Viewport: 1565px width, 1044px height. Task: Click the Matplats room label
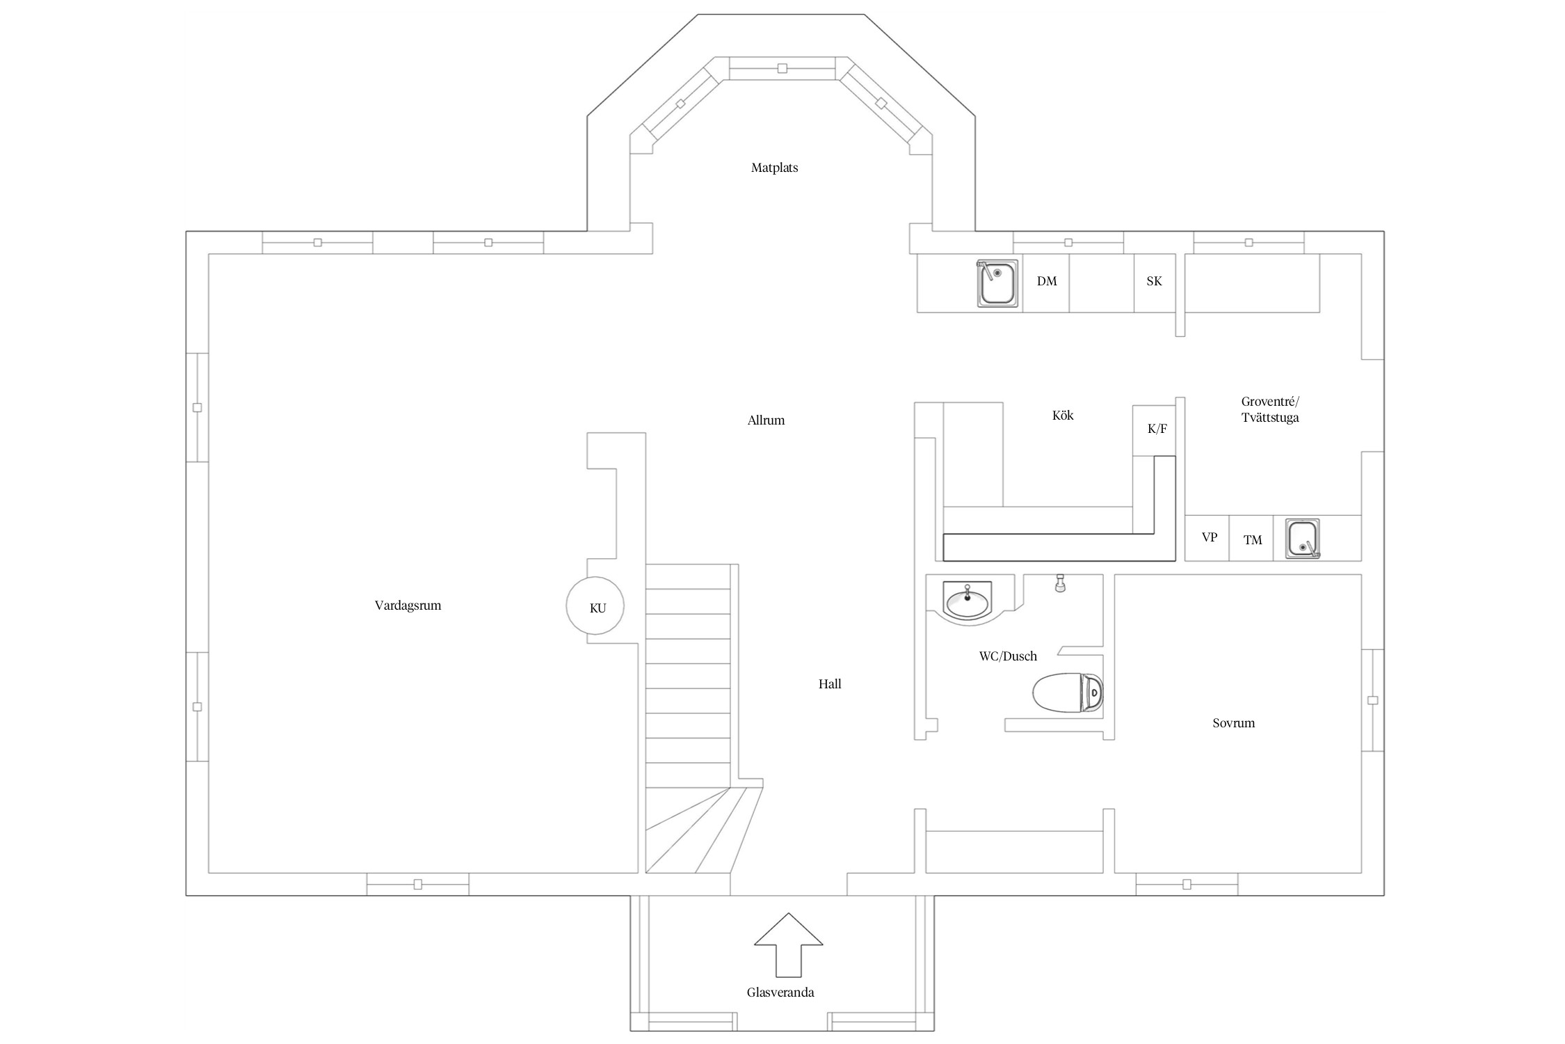tap(774, 168)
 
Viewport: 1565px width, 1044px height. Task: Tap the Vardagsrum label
tap(408, 606)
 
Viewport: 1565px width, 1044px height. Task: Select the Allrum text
tap(766, 420)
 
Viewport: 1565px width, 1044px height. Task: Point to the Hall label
tap(830, 684)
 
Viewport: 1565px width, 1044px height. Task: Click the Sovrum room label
tap(1234, 723)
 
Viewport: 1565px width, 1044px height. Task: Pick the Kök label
tap(1063, 416)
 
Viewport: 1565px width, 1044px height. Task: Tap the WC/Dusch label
tap(1008, 656)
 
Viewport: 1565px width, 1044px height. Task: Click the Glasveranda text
tap(780, 992)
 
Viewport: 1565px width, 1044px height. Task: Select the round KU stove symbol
tap(595, 606)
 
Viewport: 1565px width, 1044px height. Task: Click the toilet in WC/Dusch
tap(1068, 693)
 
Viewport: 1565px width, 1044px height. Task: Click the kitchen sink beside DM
tap(998, 283)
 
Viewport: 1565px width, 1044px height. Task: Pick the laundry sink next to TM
tap(1303, 539)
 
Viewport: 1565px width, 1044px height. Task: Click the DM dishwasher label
tap(1047, 281)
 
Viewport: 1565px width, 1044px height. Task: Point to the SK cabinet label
tap(1154, 281)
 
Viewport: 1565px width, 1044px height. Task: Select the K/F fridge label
tap(1157, 429)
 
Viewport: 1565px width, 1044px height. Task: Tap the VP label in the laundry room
tap(1210, 537)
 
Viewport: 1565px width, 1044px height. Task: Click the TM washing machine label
tap(1253, 540)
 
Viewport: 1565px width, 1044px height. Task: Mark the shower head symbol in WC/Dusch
tap(1060, 583)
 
